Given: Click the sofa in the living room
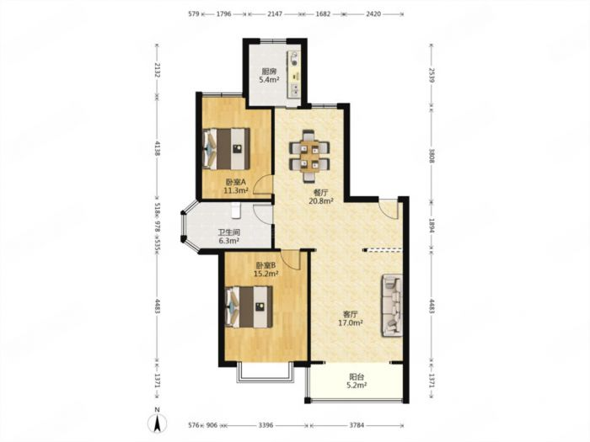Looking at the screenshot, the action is click(x=393, y=305).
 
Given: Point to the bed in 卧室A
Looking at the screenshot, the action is click(x=227, y=149).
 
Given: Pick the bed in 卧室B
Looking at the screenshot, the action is click(x=249, y=307).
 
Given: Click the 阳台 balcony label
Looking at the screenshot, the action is click(x=357, y=376).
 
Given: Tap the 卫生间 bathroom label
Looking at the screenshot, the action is click(x=228, y=232).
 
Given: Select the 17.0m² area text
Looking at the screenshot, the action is click(x=351, y=322).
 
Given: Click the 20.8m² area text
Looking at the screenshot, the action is click(x=321, y=200).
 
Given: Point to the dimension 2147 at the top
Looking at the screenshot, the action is click(x=274, y=14).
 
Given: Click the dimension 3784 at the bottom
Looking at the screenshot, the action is click(x=357, y=425).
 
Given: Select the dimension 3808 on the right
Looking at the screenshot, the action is click(x=432, y=156).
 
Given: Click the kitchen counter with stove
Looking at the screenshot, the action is click(x=294, y=74).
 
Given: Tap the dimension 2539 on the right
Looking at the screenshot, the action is click(x=432, y=76).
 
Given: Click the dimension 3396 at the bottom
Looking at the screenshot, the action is click(x=265, y=425).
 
